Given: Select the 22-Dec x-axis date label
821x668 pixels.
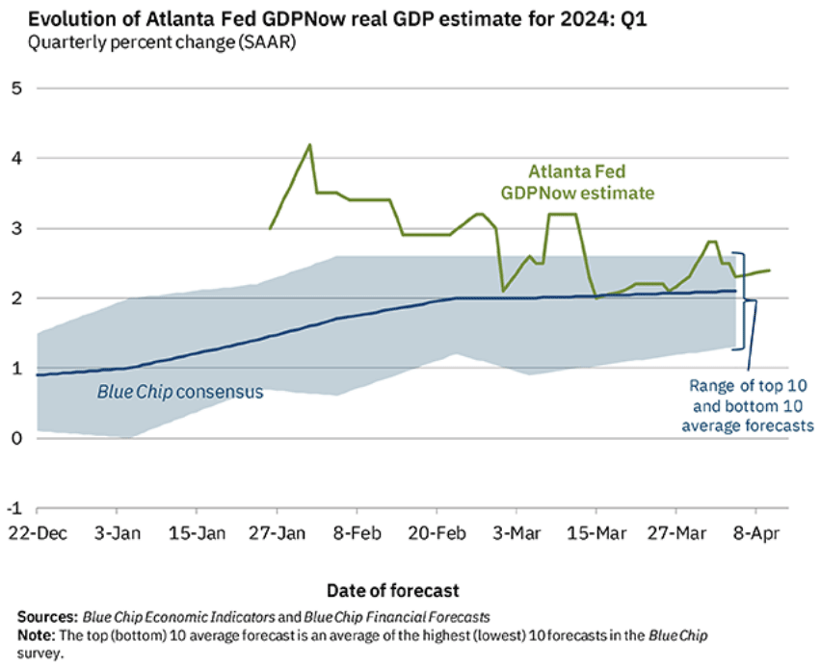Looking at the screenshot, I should pos(37,532).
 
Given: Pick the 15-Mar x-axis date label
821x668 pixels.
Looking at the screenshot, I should pos(596,532).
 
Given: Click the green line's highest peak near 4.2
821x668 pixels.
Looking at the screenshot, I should pos(309,144).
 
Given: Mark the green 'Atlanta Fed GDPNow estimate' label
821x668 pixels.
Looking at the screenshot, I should pos(576,182).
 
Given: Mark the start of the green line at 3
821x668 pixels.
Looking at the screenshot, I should pos(270,228).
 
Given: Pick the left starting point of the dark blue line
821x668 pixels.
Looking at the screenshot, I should pos(37,375).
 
